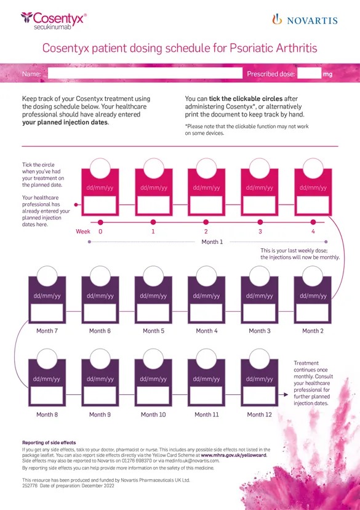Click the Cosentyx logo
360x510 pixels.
click(x=54, y=20)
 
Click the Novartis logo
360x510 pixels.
click(x=305, y=20)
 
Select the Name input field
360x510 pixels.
click(x=145, y=73)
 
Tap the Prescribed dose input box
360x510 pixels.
click(x=309, y=73)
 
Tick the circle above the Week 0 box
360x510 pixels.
click(x=100, y=168)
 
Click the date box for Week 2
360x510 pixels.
click(x=206, y=205)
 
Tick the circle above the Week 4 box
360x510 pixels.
click(x=313, y=168)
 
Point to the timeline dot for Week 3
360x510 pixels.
click(x=260, y=222)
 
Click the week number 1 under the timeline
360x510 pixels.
click(x=153, y=231)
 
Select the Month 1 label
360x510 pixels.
click(x=212, y=241)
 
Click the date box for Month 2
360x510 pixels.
click(x=313, y=312)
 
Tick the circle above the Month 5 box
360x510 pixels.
click(x=153, y=276)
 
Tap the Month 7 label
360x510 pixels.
click(x=47, y=331)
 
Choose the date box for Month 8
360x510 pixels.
click(x=47, y=395)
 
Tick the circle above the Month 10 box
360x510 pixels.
click(x=153, y=359)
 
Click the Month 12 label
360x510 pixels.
click(x=259, y=415)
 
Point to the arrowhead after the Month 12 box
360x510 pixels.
click(x=286, y=395)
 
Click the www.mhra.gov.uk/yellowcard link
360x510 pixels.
click(x=234, y=455)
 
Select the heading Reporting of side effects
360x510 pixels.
click(x=49, y=442)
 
